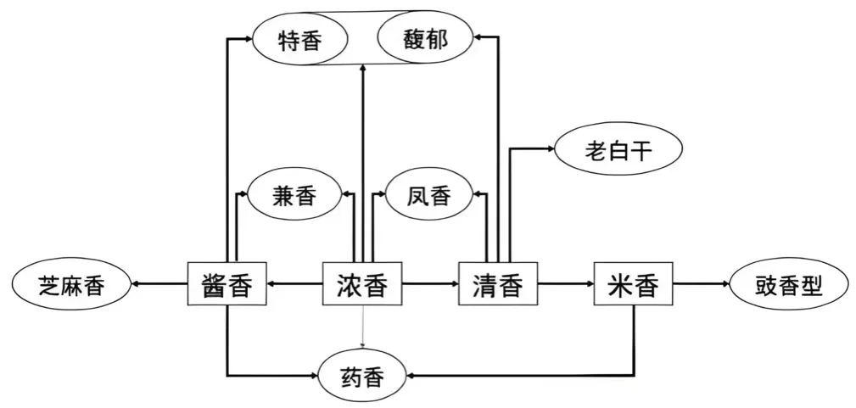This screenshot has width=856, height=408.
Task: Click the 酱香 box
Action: pos(227,285)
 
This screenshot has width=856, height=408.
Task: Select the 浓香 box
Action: pos(363,285)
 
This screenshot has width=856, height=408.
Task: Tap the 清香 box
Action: pos(498,285)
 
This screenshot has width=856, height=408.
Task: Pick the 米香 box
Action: pos(634,285)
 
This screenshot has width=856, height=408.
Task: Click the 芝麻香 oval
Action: pos(72,286)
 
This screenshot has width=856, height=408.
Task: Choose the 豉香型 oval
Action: pos(789,286)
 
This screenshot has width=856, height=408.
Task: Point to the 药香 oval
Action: pos(362,375)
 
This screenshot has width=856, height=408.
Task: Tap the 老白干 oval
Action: pos(619,151)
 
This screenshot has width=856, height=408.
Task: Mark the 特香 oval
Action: pos(300,39)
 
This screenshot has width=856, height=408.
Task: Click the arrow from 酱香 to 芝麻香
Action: pos(159,286)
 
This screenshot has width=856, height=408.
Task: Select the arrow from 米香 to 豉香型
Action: pos(701,286)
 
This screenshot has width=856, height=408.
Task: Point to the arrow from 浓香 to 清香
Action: pos(430,286)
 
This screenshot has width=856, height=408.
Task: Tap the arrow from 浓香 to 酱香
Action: pos(294,286)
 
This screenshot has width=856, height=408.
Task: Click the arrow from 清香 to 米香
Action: pos(566,286)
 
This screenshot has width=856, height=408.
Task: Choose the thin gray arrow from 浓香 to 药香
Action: pos(363,327)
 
